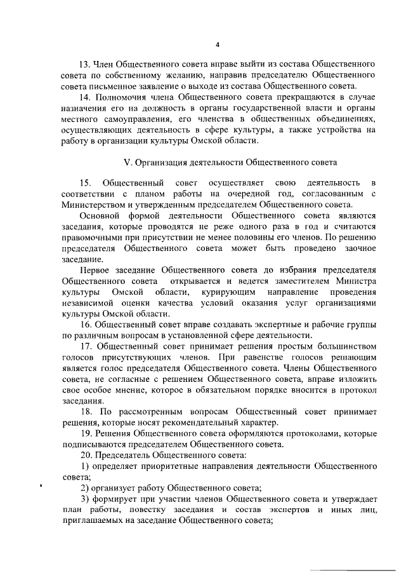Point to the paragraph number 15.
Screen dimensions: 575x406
(x=84, y=184)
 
